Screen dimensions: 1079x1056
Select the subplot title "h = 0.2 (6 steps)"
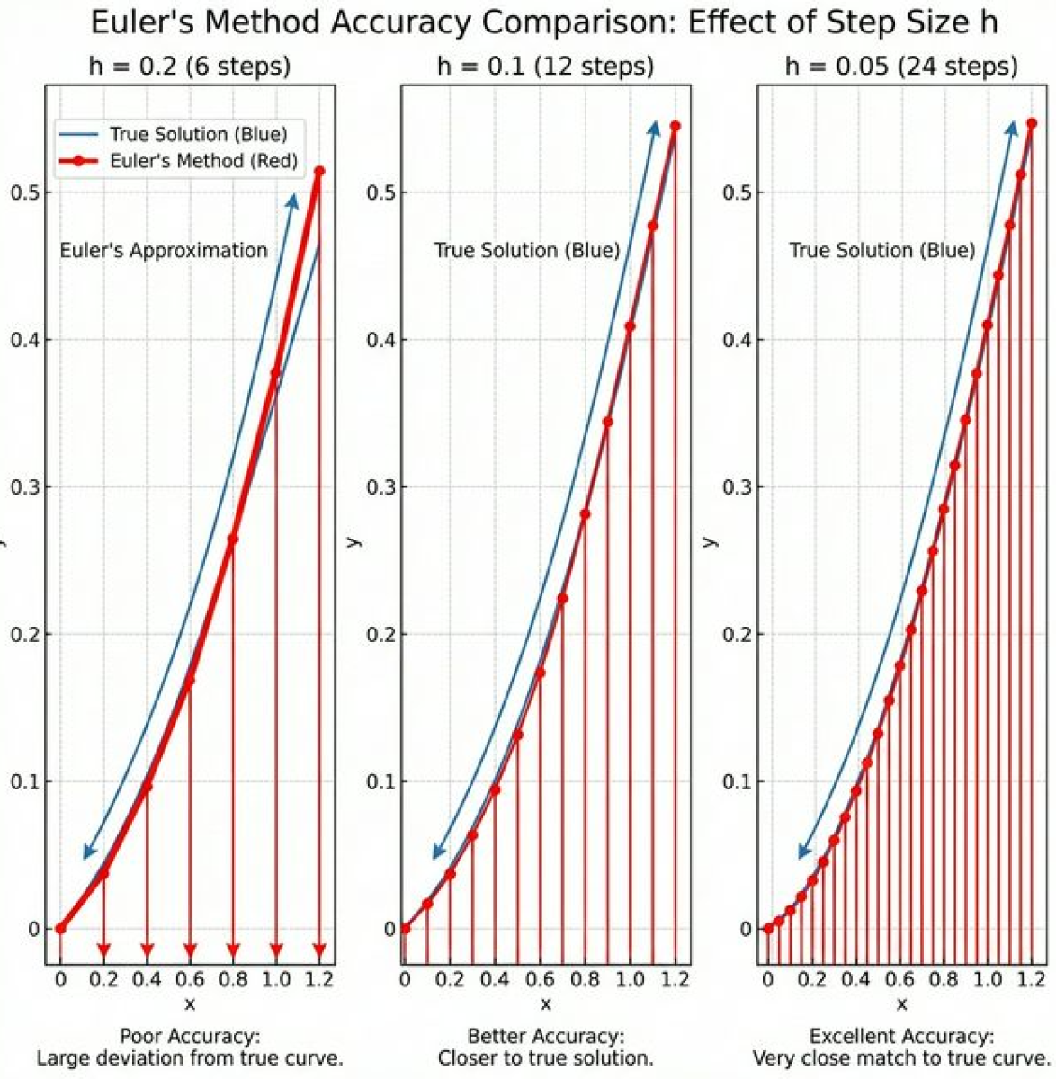point(189,66)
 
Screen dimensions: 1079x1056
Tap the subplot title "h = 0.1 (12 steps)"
point(545,66)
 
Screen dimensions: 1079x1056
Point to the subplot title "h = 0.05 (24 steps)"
point(900,66)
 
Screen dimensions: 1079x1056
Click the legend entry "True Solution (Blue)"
point(198,134)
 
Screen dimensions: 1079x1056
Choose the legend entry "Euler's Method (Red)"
point(203,161)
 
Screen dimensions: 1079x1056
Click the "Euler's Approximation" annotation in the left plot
point(164,250)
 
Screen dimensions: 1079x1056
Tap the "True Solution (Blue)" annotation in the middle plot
point(527,250)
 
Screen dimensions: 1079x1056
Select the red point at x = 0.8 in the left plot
point(233,539)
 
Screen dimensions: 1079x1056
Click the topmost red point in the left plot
point(319,171)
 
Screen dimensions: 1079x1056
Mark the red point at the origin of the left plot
point(60,929)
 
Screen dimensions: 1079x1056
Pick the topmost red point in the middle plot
point(676,126)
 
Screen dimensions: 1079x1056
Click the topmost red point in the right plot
point(1032,123)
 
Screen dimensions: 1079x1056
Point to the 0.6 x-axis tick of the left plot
point(190,979)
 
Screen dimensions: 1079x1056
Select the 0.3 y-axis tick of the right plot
point(738,486)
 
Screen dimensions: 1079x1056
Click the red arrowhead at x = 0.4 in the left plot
point(148,950)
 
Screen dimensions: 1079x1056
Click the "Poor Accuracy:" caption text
point(190,1037)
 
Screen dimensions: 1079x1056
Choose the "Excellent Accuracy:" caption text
point(901,1037)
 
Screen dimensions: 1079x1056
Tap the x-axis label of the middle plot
point(545,1003)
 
